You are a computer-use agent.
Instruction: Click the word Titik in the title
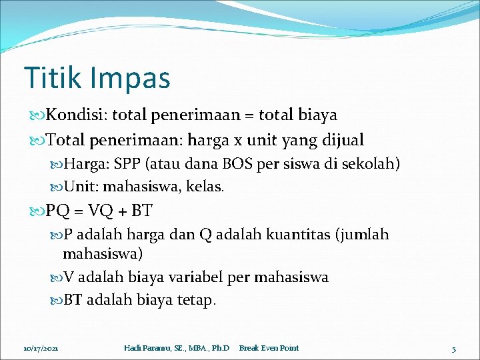[50, 77]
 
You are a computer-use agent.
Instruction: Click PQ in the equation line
[57, 211]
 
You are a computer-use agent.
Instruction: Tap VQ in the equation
[99, 211]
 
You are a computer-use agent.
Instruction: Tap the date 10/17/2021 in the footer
[41, 348]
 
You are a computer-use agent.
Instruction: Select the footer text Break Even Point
[269, 348]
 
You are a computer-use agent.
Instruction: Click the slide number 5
[453, 348]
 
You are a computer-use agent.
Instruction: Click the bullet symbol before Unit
[55, 187]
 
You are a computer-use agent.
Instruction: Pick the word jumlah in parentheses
[365, 235]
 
